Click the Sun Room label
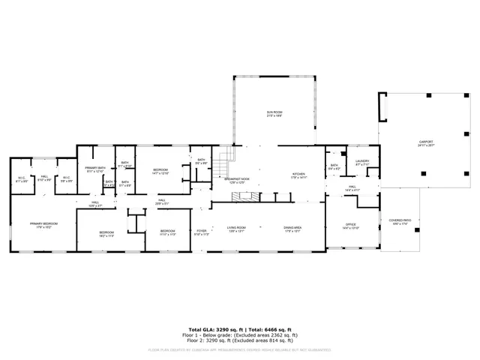click(x=274, y=113)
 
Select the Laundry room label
click(x=361, y=162)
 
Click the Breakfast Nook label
click(x=236, y=179)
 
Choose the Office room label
click(x=350, y=226)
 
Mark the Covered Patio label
click(x=399, y=222)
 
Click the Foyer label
click(x=201, y=232)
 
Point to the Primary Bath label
click(x=94, y=169)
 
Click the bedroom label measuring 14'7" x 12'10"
click(x=160, y=172)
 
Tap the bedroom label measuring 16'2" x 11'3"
click(x=106, y=233)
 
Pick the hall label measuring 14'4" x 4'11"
click(x=352, y=189)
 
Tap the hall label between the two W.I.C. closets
click(x=45, y=178)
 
